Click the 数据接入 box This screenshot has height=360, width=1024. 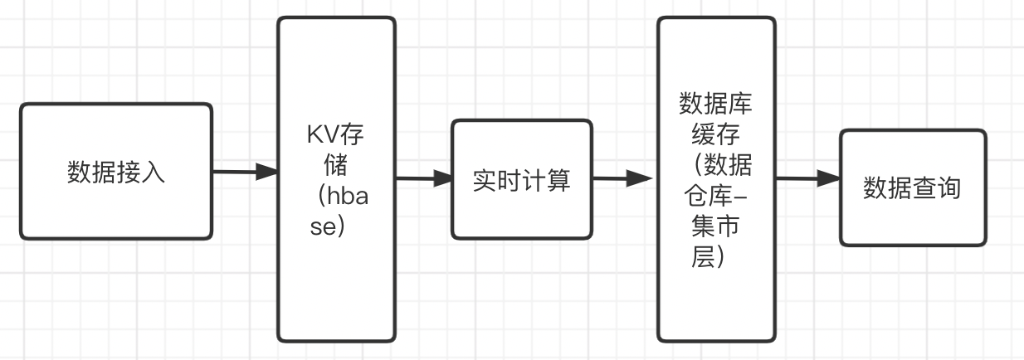116,172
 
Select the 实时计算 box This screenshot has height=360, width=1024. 522,179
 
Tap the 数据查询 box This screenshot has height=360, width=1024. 913,187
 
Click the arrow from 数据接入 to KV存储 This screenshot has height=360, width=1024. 245,172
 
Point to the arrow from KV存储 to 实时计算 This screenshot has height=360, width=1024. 424,178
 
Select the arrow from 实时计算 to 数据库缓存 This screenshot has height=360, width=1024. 622,178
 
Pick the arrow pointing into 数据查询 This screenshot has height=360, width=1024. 808,178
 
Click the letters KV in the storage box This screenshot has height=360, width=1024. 322,134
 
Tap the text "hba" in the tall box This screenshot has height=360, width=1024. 348,196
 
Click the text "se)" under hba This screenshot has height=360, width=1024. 327,226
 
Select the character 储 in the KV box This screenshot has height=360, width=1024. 336,165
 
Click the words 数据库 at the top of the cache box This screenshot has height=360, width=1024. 715,104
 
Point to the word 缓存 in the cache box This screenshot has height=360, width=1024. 715,134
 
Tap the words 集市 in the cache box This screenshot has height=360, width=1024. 715,226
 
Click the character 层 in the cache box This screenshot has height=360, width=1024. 703,257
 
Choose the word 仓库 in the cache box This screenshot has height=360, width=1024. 708,196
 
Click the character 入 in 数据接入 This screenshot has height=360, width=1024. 153,173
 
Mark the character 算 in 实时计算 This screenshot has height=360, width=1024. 558,180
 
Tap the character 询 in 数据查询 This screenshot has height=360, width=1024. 948,188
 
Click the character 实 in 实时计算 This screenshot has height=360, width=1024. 485,180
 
